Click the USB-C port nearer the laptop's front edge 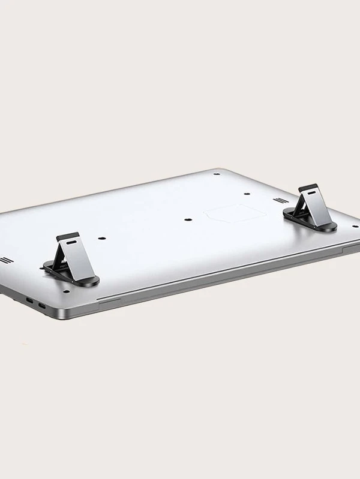(41, 307)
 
